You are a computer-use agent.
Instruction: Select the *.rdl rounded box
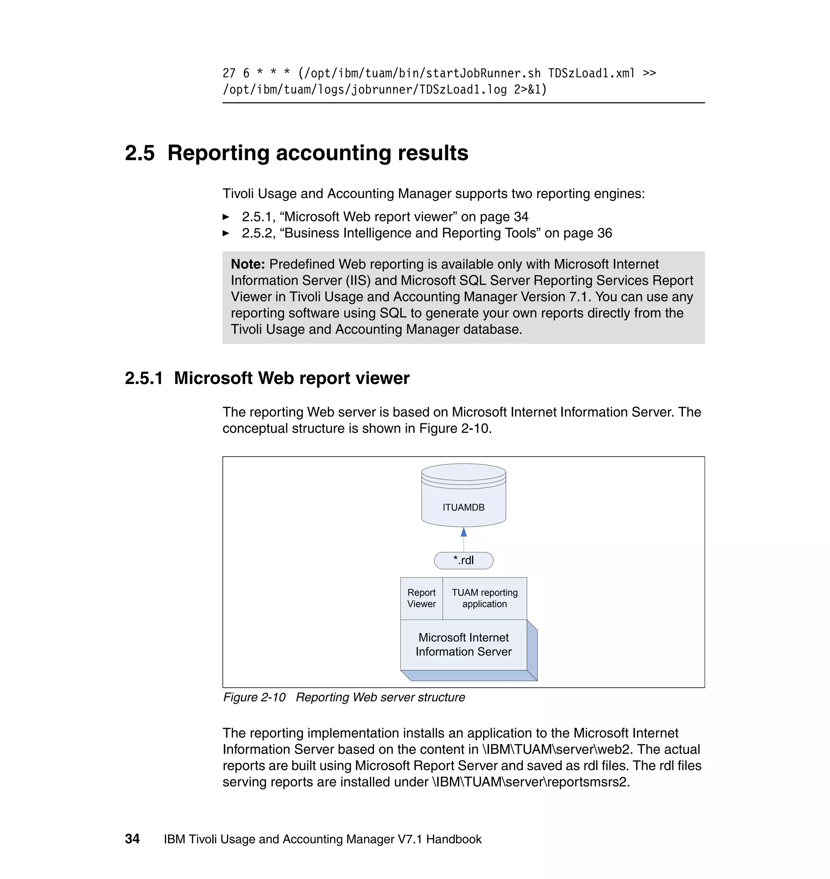pyautogui.click(x=463, y=560)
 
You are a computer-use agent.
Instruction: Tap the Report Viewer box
pyautogui.click(x=421, y=598)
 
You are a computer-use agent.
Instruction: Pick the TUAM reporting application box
pyautogui.click(x=484, y=598)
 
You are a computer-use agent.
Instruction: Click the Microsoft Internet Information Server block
pyautogui.click(x=463, y=645)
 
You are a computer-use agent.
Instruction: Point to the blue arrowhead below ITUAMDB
pyautogui.click(x=463, y=532)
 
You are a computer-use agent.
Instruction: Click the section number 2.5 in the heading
pyautogui.click(x=140, y=153)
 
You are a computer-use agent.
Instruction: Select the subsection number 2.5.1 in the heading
pyautogui.click(x=144, y=378)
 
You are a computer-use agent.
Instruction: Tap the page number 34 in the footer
pyautogui.click(x=132, y=839)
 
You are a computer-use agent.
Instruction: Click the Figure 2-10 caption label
pyautogui.click(x=255, y=697)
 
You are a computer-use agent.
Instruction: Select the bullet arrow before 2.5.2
pyautogui.click(x=226, y=233)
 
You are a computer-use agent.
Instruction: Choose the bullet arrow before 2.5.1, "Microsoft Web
pyautogui.click(x=226, y=217)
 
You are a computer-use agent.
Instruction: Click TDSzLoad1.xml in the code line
pyautogui.click(x=591, y=73)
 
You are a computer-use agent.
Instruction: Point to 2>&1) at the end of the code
pyautogui.click(x=530, y=90)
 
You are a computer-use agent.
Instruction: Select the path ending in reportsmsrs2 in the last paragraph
pyautogui.click(x=530, y=782)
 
